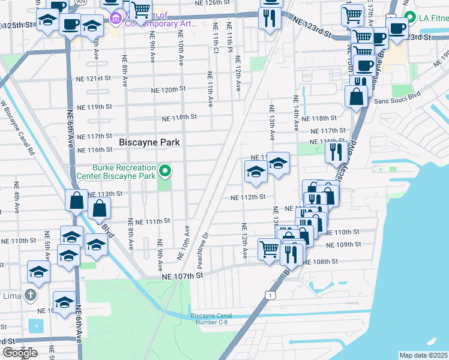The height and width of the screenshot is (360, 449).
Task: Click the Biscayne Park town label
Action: [149, 143]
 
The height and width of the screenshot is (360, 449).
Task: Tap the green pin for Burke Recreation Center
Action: [164, 173]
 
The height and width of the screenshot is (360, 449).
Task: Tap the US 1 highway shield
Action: [272, 295]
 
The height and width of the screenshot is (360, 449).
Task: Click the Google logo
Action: [20, 353]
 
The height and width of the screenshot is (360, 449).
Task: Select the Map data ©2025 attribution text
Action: [423, 355]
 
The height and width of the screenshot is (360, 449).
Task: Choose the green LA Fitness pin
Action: [410, 17]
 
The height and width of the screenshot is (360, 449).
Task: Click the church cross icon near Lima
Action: [30, 296]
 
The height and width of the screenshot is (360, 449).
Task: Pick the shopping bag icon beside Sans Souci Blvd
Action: [357, 96]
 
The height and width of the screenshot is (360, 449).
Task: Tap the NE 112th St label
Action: [249, 197]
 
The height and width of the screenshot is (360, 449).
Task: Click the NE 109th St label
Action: [344, 245]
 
